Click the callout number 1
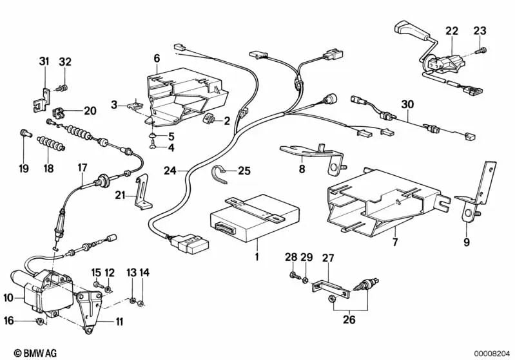pyautogui.click(x=257, y=257)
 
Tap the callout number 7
pyautogui.click(x=395, y=243)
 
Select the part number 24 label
pyautogui.click(x=170, y=171)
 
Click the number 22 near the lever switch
pyautogui.click(x=452, y=31)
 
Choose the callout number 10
pyautogui.click(x=8, y=298)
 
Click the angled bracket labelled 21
pyautogui.click(x=141, y=193)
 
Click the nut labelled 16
pyautogui.click(x=39, y=320)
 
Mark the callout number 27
pyautogui.click(x=328, y=258)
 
